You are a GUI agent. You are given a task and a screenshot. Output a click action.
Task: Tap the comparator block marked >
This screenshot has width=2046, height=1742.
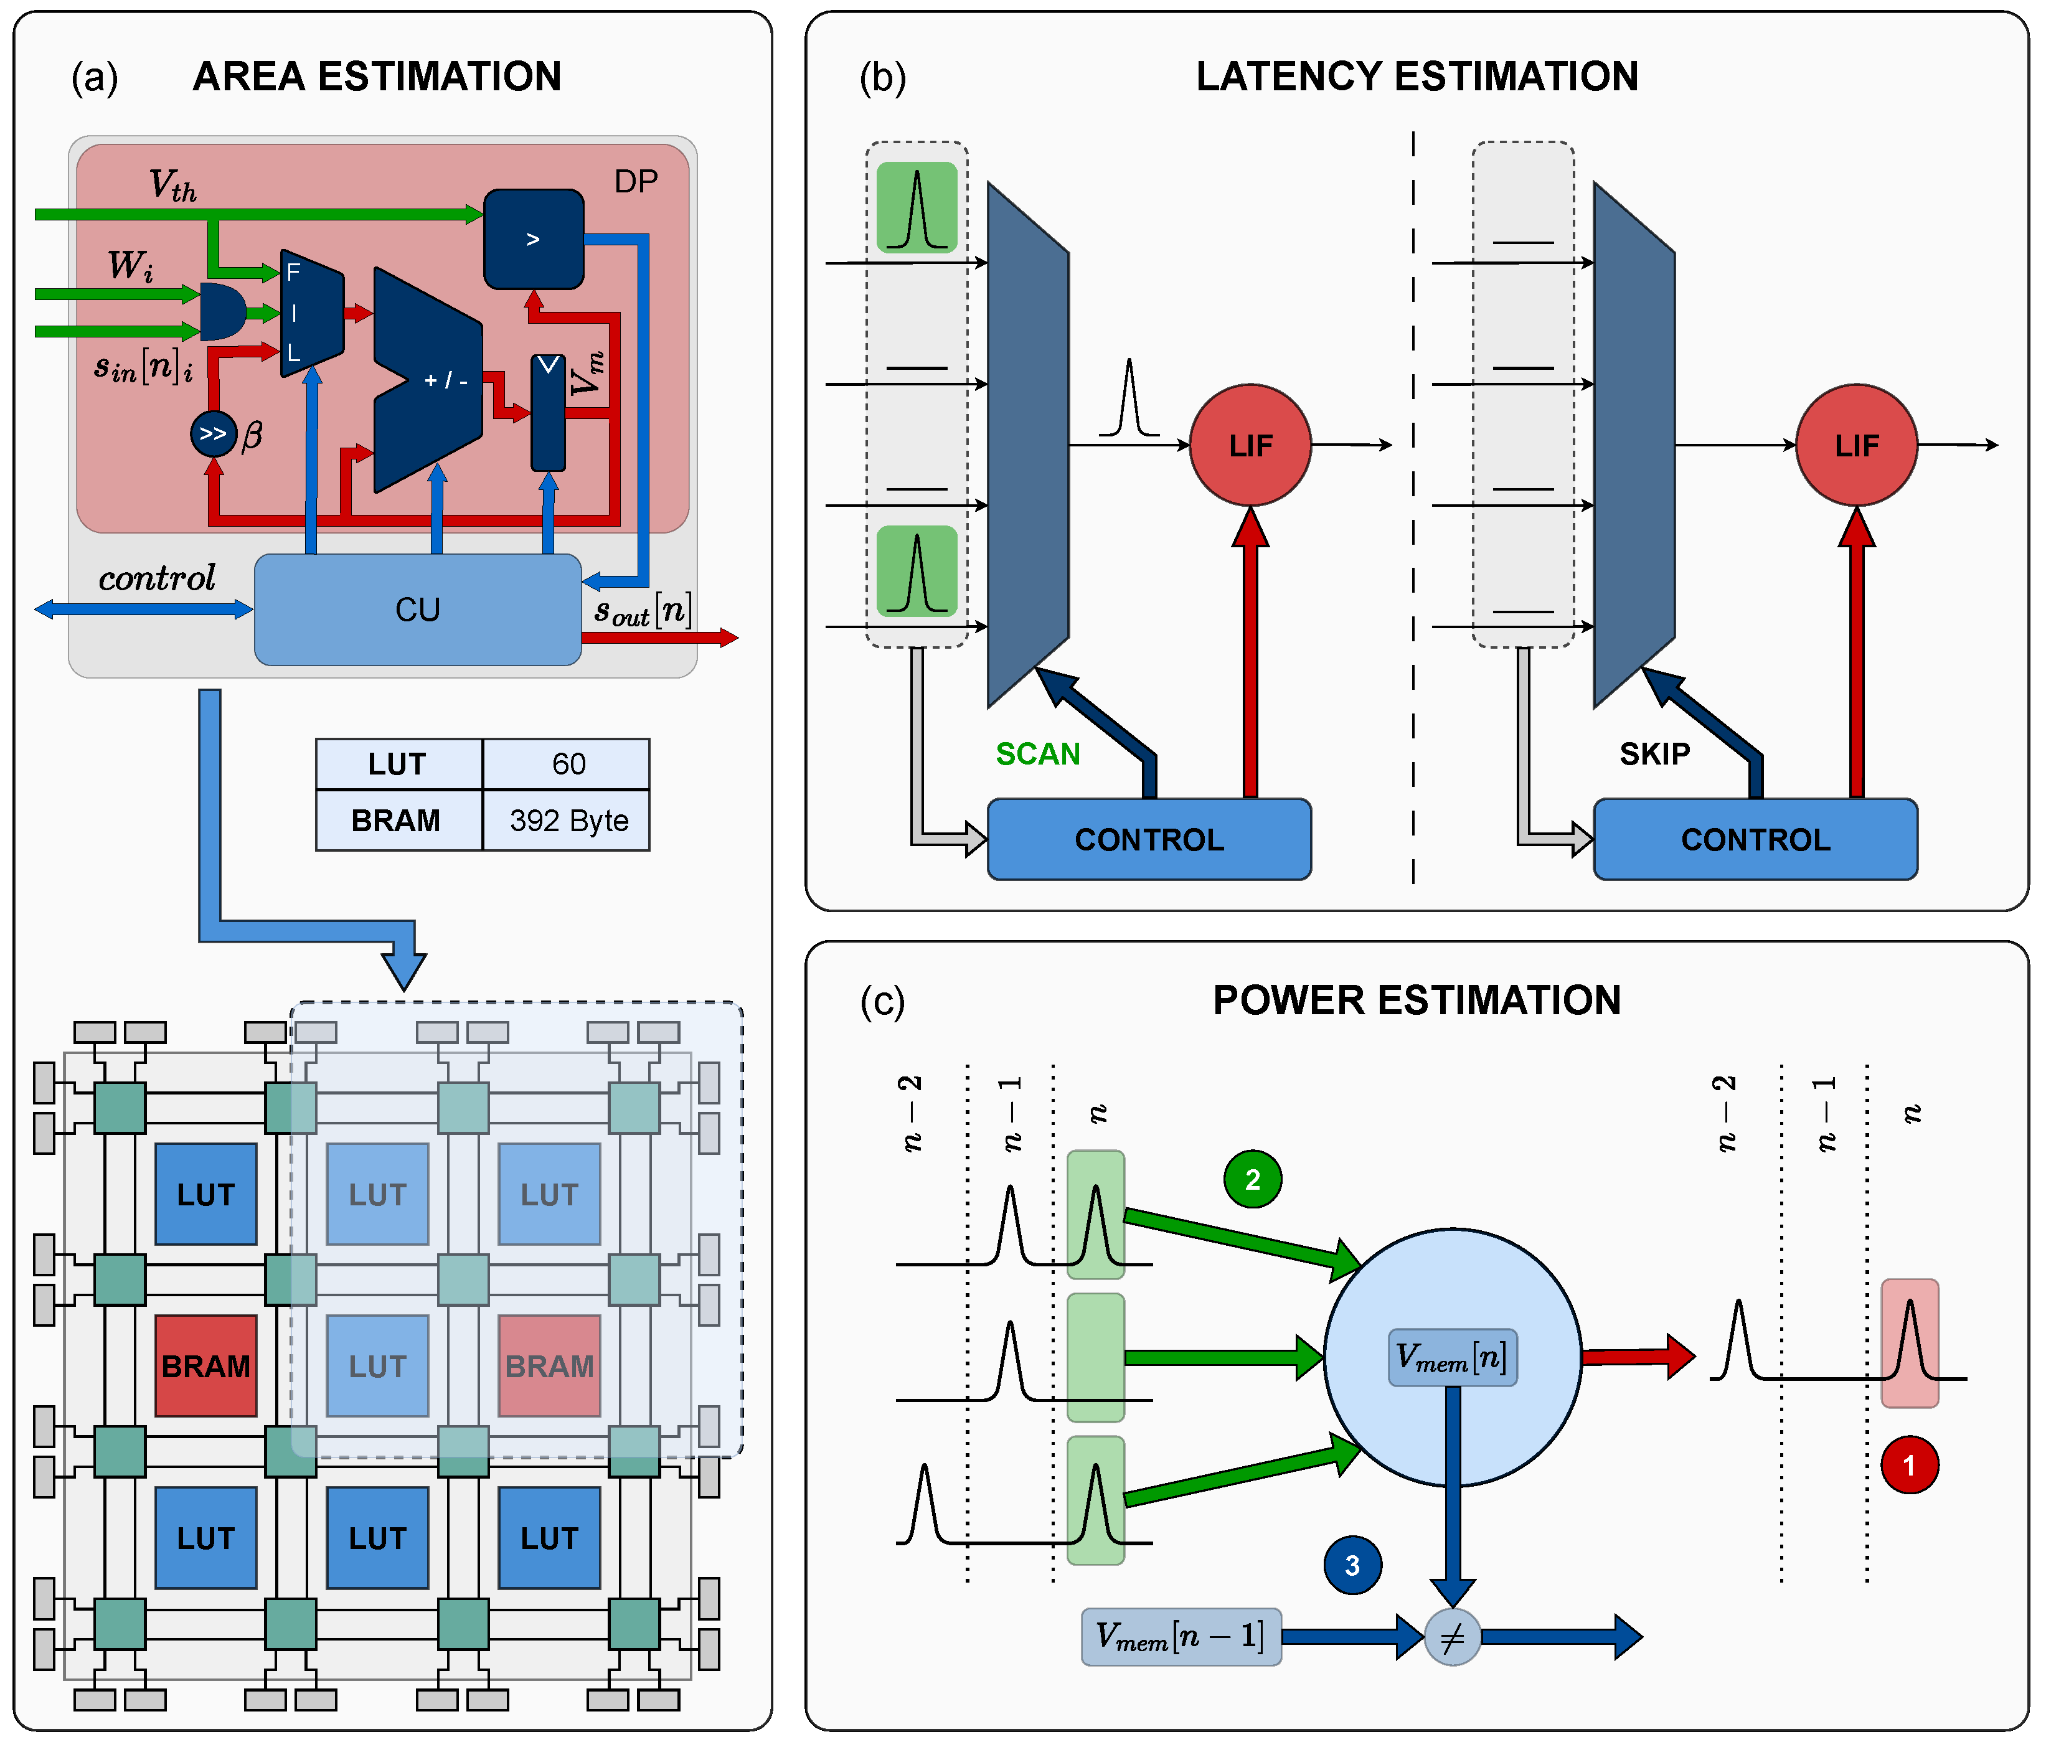point(533,239)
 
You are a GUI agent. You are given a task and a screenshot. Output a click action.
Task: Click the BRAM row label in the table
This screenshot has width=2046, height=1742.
point(397,821)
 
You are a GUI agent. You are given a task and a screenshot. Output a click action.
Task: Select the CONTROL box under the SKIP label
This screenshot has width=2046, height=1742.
point(1755,839)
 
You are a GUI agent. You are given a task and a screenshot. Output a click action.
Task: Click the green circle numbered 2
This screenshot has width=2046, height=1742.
point(1252,1179)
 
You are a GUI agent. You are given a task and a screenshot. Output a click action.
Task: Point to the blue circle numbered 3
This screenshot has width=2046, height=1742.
point(1352,1565)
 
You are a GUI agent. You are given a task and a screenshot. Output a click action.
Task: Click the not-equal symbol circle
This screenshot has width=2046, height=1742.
point(1451,1637)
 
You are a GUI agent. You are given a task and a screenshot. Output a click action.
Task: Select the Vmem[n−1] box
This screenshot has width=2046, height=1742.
point(1181,1637)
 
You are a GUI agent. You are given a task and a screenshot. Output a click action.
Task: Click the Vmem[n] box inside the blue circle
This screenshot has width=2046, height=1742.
point(1451,1358)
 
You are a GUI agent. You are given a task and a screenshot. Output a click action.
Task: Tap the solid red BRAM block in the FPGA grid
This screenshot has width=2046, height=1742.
point(205,1366)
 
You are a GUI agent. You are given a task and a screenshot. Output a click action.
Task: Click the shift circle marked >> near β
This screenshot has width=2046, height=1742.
point(214,433)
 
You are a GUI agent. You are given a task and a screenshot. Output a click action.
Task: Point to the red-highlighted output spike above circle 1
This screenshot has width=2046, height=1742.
point(1909,1343)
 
